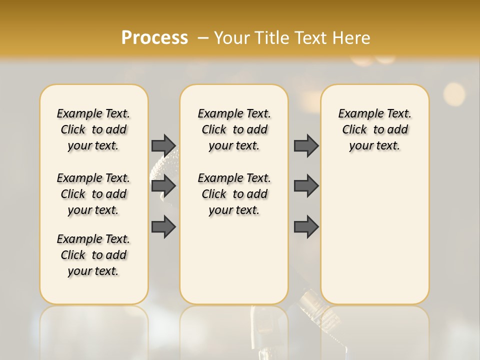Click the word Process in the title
pyautogui.click(x=154, y=38)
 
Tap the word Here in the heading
pyautogui.click(x=352, y=38)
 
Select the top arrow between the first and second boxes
pyautogui.click(x=163, y=145)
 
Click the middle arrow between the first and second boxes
pyautogui.click(x=163, y=186)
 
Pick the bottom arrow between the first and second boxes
pyautogui.click(x=163, y=227)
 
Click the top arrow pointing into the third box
pyautogui.click(x=306, y=145)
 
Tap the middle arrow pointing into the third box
pyautogui.click(x=306, y=186)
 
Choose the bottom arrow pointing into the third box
pyautogui.click(x=306, y=227)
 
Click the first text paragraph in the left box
pyautogui.click(x=93, y=129)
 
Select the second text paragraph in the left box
pyautogui.click(x=93, y=194)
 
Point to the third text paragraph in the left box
pyautogui.click(x=93, y=255)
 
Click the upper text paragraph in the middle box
pyautogui.click(x=234, y=129)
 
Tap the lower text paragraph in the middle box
pyautogui.click(x=234, y=194)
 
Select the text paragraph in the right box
pyautogui.click(x=374, y=129)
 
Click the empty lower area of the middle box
pyautogui.click(x=234, y=260)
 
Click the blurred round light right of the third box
pyautogui.click(x=454, y=93)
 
